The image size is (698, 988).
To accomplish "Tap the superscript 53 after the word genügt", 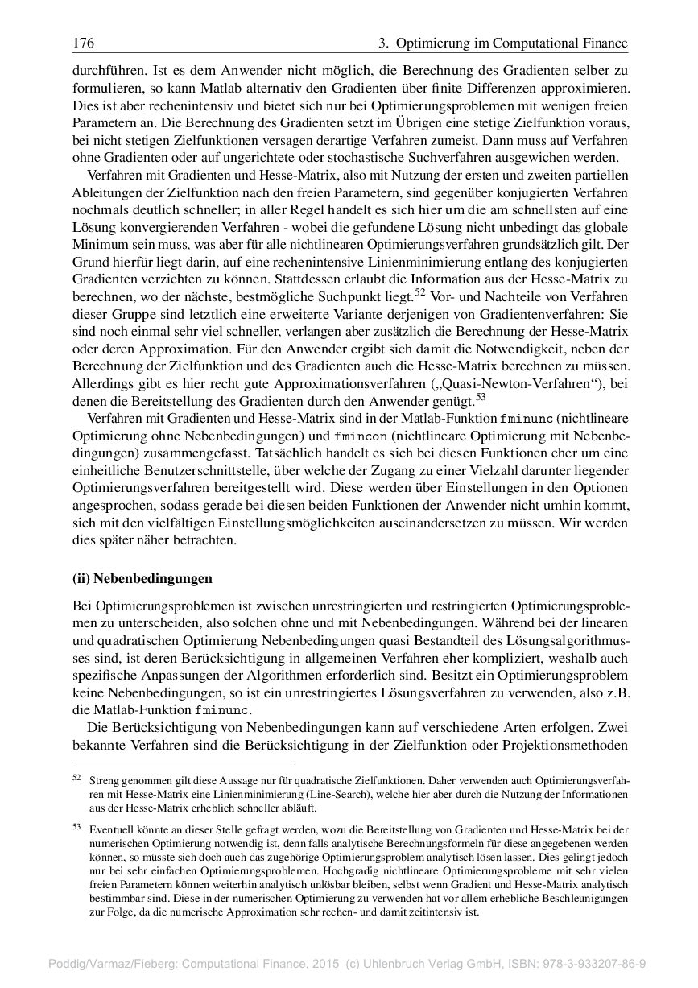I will [481, 395].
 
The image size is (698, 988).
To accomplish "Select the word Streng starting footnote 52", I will [104, 781].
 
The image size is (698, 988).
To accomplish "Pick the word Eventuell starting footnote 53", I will [109, 829].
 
